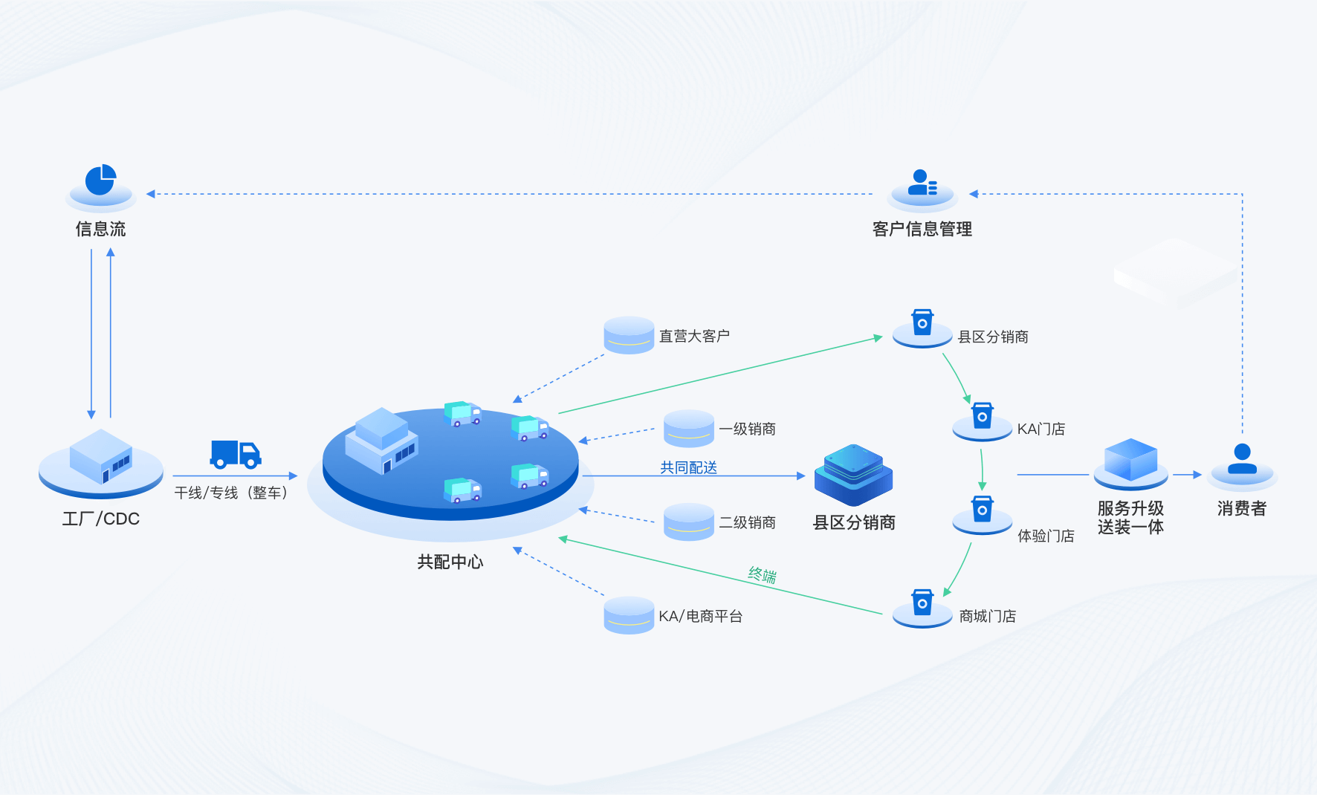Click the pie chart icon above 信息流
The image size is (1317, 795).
click(x=100, y=181)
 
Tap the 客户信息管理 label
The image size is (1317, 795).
click(x=922, y=229)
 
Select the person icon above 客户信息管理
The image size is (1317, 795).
click(x=922, y=183)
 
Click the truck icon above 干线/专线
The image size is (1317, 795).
click(x=236, y=454)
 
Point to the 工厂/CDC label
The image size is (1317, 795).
click(x=101, y=519)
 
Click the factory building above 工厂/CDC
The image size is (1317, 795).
click(x=101, y=456)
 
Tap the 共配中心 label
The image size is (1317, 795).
click(x=450, y=562)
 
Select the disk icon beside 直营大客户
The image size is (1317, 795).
click(x=629, y=335)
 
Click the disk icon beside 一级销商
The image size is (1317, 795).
click(x=688, y=428)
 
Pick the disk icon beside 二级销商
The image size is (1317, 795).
click(x=688, y=522)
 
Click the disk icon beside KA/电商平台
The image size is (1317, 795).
click(x=629, y=615)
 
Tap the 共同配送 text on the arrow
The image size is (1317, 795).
click(x=688, y=467)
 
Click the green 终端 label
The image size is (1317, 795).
click(x=763, y=574)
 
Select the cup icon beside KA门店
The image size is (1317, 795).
click(x=983, y=416)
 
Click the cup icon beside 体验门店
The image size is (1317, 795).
click(x=983, y=510)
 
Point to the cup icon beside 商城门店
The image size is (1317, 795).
click(x=922, y=603)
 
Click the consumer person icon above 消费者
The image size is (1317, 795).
click(x=1242, y=459)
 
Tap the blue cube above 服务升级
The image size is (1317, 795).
click(x=1130, y=461)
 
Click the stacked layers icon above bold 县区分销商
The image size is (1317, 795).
click(x=853, y=474)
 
